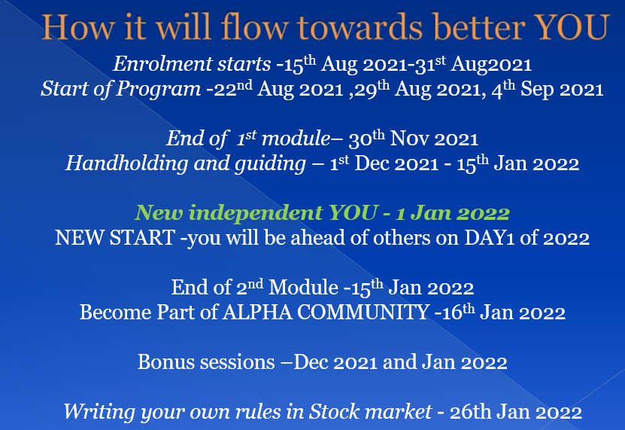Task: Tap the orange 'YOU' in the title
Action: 569,27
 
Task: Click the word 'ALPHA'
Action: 256,312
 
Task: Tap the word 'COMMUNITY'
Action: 362,312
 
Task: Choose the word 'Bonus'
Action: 163,361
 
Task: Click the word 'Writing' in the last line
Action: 93,411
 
